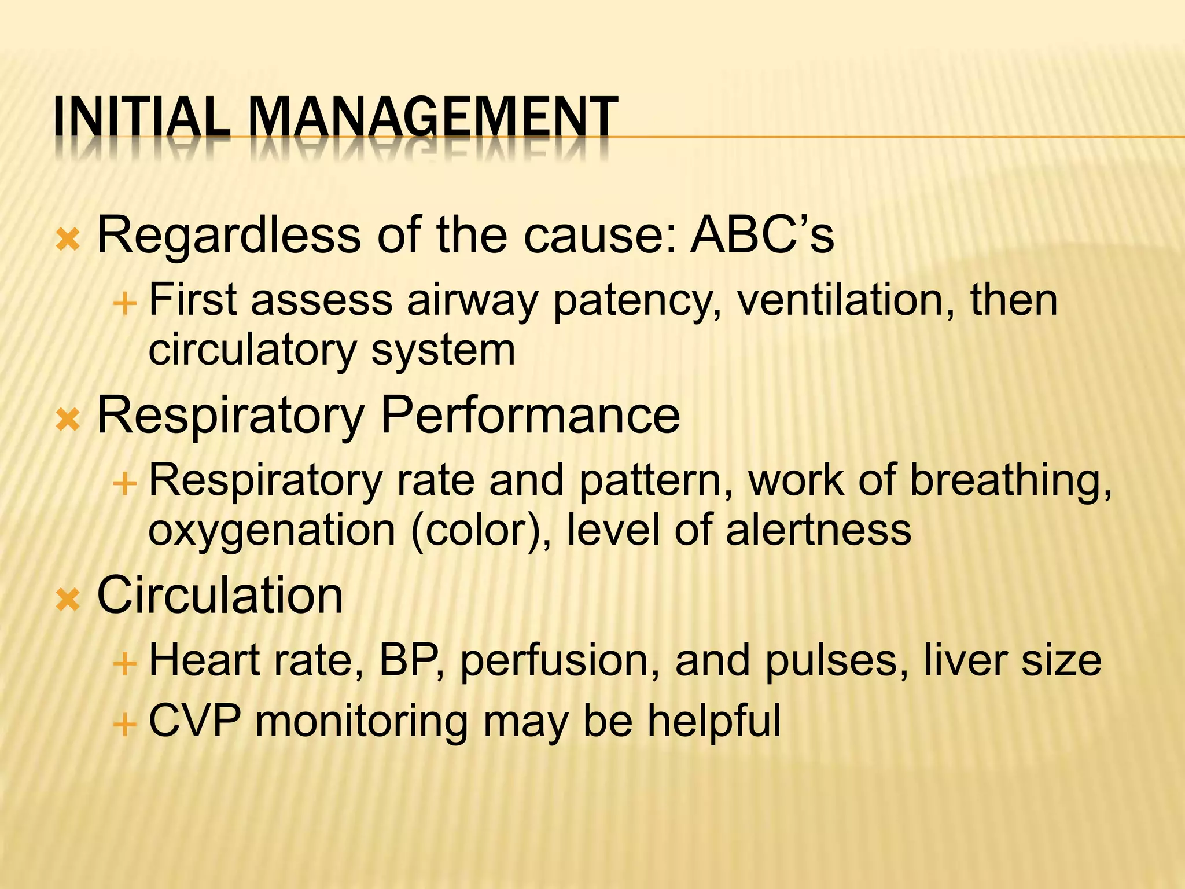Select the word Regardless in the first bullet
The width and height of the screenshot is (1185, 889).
[x=229, y=236]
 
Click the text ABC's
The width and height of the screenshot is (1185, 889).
[x=762, y=234]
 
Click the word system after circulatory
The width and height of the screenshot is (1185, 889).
[x=443, y=351]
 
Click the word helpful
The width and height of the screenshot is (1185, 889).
[x=714, y=721]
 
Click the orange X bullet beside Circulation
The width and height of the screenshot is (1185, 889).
[x=68, y=600]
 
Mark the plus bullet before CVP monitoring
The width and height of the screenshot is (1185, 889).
[x=124, y=724]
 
